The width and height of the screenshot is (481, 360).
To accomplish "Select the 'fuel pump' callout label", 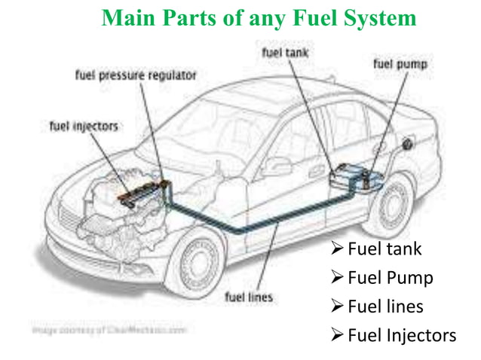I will [400, 65].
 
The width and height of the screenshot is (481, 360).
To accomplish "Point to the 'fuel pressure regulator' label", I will [136, 75].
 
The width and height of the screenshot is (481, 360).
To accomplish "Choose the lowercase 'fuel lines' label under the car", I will [250, 296].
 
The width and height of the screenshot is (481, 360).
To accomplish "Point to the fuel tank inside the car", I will [351, 175].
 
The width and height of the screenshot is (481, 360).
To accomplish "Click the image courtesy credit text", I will [110, 328].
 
